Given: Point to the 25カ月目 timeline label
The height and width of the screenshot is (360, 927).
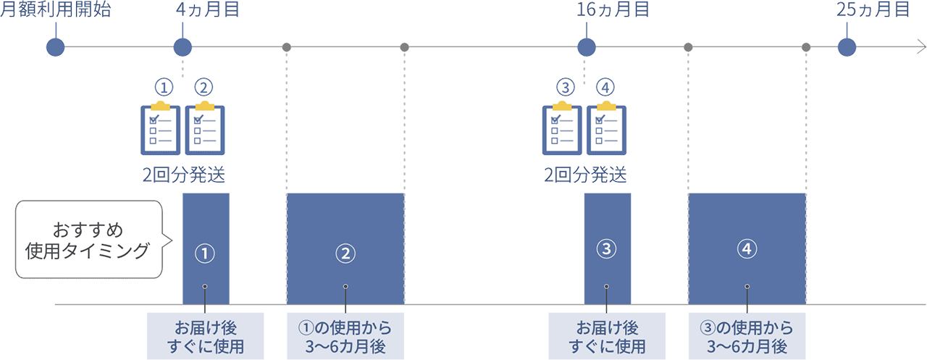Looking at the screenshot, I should click(873, 11).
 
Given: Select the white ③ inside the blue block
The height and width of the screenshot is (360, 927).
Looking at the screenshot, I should click(605, 249).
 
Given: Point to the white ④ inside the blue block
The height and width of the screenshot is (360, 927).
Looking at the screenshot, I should click(747, 249).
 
